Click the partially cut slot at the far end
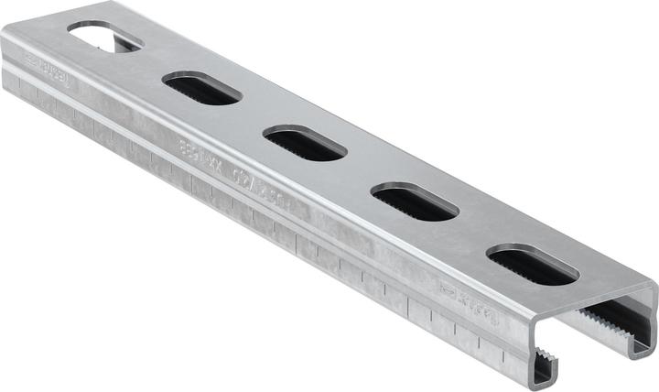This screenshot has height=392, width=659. coord(104,38)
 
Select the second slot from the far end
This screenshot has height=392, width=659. coord(202,87)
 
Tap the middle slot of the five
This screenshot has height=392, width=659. coord(304,142)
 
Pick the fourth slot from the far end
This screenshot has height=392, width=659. coord(415,201)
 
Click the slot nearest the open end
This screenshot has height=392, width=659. coord(532,265)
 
